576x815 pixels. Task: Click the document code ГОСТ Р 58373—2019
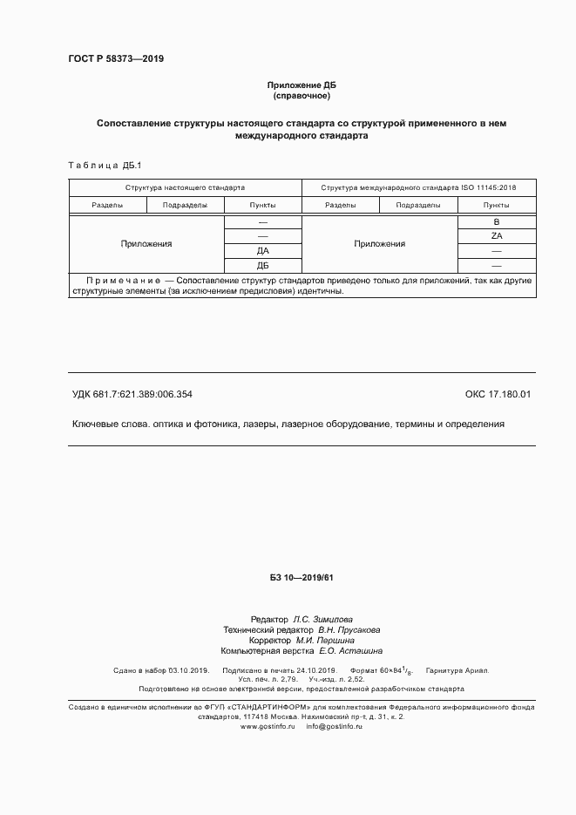coord(115,59)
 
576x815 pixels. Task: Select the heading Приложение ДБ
coord(301,85)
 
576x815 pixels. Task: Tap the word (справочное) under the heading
coord(301,95)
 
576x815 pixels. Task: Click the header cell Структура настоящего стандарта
coord(185,187)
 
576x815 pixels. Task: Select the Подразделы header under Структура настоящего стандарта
coord(185,205)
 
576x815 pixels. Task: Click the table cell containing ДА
coord(262,251)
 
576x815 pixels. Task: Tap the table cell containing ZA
coord(497,236)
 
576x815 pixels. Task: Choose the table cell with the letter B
coord(497,221)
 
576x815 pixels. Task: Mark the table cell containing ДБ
coord(262,266)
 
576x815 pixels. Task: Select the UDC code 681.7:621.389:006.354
coord(142,394)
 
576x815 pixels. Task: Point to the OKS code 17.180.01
coord(498,394)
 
